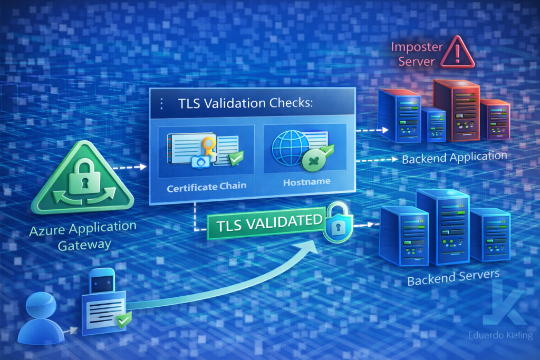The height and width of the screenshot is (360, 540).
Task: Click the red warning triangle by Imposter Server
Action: [x=457, y=53]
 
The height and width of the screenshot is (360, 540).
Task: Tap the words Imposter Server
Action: [x=417, y=54]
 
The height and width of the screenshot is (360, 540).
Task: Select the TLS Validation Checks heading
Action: [x=245, y=103]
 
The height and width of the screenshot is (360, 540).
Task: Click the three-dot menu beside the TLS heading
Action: [x=161, y=104]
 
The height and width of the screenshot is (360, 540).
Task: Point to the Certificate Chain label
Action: [x=207, y=187]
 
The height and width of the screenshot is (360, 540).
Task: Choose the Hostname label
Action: [x=306, y=182]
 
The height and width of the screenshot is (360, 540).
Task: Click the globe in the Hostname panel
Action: [x=291, y=147]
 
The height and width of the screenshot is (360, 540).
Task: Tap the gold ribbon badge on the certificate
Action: [x=209, y=146]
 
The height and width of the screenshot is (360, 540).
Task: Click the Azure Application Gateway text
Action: [x=83, y=236]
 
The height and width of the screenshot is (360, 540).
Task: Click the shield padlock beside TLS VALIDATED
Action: [x=338, y=222]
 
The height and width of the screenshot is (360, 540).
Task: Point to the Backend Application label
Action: [x=454, y=157]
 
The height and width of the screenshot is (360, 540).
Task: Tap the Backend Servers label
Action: [x=453, y=277]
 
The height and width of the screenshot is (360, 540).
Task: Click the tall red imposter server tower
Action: [x=456, y=111]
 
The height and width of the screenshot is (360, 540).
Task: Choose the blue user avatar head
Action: [x=41, y=304]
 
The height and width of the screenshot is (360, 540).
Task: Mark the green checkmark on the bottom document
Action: [x=124, y=320]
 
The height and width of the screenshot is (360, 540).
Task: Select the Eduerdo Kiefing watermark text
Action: [x=500, y=335]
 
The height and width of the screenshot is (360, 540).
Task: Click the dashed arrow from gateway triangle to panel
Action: [x=130, y=167]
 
